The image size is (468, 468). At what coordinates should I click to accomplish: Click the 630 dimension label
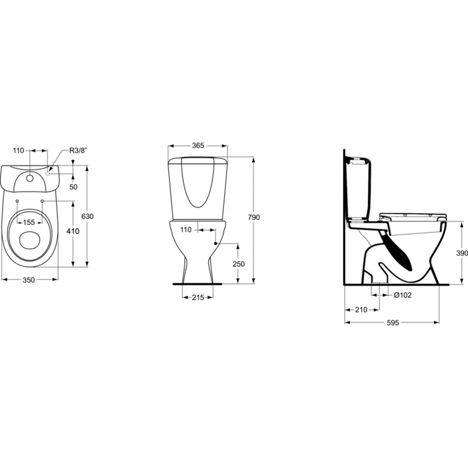click(x=88, y=216)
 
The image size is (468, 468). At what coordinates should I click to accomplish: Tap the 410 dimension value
click(x=73, y=231)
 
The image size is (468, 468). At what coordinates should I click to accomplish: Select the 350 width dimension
click(x=29, y=280)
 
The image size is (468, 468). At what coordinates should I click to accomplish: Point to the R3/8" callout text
click(x=78, y=151)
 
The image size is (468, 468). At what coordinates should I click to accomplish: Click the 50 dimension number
click(x=73, y=187)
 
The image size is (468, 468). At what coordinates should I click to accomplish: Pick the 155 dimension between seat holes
click(x=29, y=222)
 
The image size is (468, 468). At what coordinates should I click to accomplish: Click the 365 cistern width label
click(x=198, y=145)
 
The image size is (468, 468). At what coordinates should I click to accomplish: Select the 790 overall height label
click(x=254, y=217)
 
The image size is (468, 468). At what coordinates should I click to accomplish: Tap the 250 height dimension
click(x=238, y=264)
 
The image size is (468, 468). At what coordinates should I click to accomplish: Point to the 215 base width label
click(x=198, y=298)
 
